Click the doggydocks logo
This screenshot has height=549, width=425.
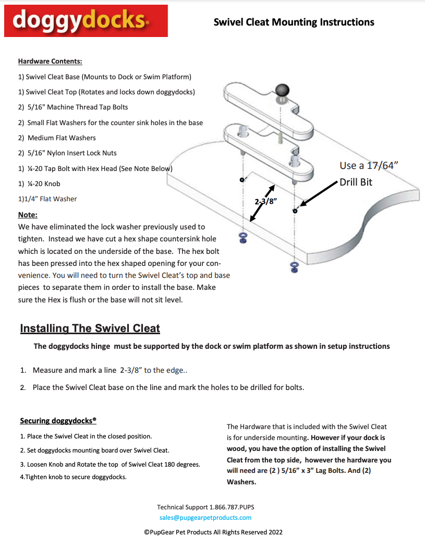click(x=86, y=21)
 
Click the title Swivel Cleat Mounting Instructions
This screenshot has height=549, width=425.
click(x=294, y=22)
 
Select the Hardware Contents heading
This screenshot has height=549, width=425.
click(x=50, y=61)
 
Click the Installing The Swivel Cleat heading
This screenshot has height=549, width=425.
click(x=90, y=328)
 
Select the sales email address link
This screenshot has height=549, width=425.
click(x=205, y=518)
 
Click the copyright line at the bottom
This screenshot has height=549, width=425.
click(x=213, y=532)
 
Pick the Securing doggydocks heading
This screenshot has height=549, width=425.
click(x=58, y=421)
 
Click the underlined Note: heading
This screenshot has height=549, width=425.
click(x=28, y=215)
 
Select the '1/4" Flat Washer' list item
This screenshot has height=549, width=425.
click(x=47, y=199)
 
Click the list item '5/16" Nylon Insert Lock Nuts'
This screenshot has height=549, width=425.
click(x=67, y=153)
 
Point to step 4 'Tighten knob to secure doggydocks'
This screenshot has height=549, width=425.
click(x=73, y=477)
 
